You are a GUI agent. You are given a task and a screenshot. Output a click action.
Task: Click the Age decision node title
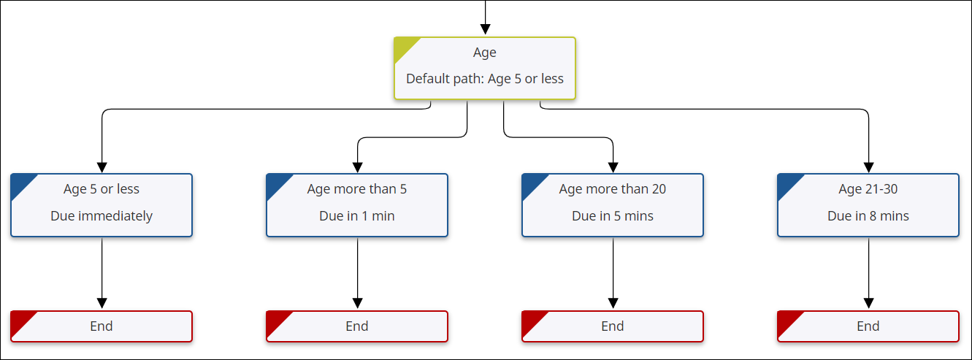point(484,53)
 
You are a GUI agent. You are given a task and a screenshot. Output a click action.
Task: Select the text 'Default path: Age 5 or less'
point(484,79)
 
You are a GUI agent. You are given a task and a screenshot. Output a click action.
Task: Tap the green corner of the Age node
point(403,47)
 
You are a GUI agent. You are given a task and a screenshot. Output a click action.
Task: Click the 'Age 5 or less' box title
point(102,189)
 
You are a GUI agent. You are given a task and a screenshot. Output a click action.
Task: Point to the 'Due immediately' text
point(102,216)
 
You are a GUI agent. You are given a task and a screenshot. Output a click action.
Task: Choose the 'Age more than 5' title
point(357,189)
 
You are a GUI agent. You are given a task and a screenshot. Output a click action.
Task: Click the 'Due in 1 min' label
point(357,216)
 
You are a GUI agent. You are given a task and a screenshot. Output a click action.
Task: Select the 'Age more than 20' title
point(613,189)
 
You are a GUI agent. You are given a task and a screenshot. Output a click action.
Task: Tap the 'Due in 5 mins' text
point(613,216)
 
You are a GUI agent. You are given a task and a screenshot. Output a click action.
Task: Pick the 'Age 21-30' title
point(868,189)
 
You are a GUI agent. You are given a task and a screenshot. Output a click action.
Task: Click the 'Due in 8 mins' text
point(868,216)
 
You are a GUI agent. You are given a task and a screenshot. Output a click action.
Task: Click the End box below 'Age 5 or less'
point(102,326)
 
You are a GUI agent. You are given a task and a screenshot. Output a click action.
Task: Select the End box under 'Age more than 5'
point(357,326)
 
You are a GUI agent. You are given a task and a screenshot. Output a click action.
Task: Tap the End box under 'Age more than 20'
point(613,326)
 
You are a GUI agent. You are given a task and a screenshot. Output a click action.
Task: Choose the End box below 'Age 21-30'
point(868,326)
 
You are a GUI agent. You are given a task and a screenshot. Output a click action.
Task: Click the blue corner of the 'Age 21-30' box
point(787,183)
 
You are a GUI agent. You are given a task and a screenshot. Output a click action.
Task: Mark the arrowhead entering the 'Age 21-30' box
point(868,166)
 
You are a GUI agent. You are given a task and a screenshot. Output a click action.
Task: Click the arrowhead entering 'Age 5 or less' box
point(102,166)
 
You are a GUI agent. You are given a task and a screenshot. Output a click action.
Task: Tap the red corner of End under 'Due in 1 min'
point(275,320)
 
